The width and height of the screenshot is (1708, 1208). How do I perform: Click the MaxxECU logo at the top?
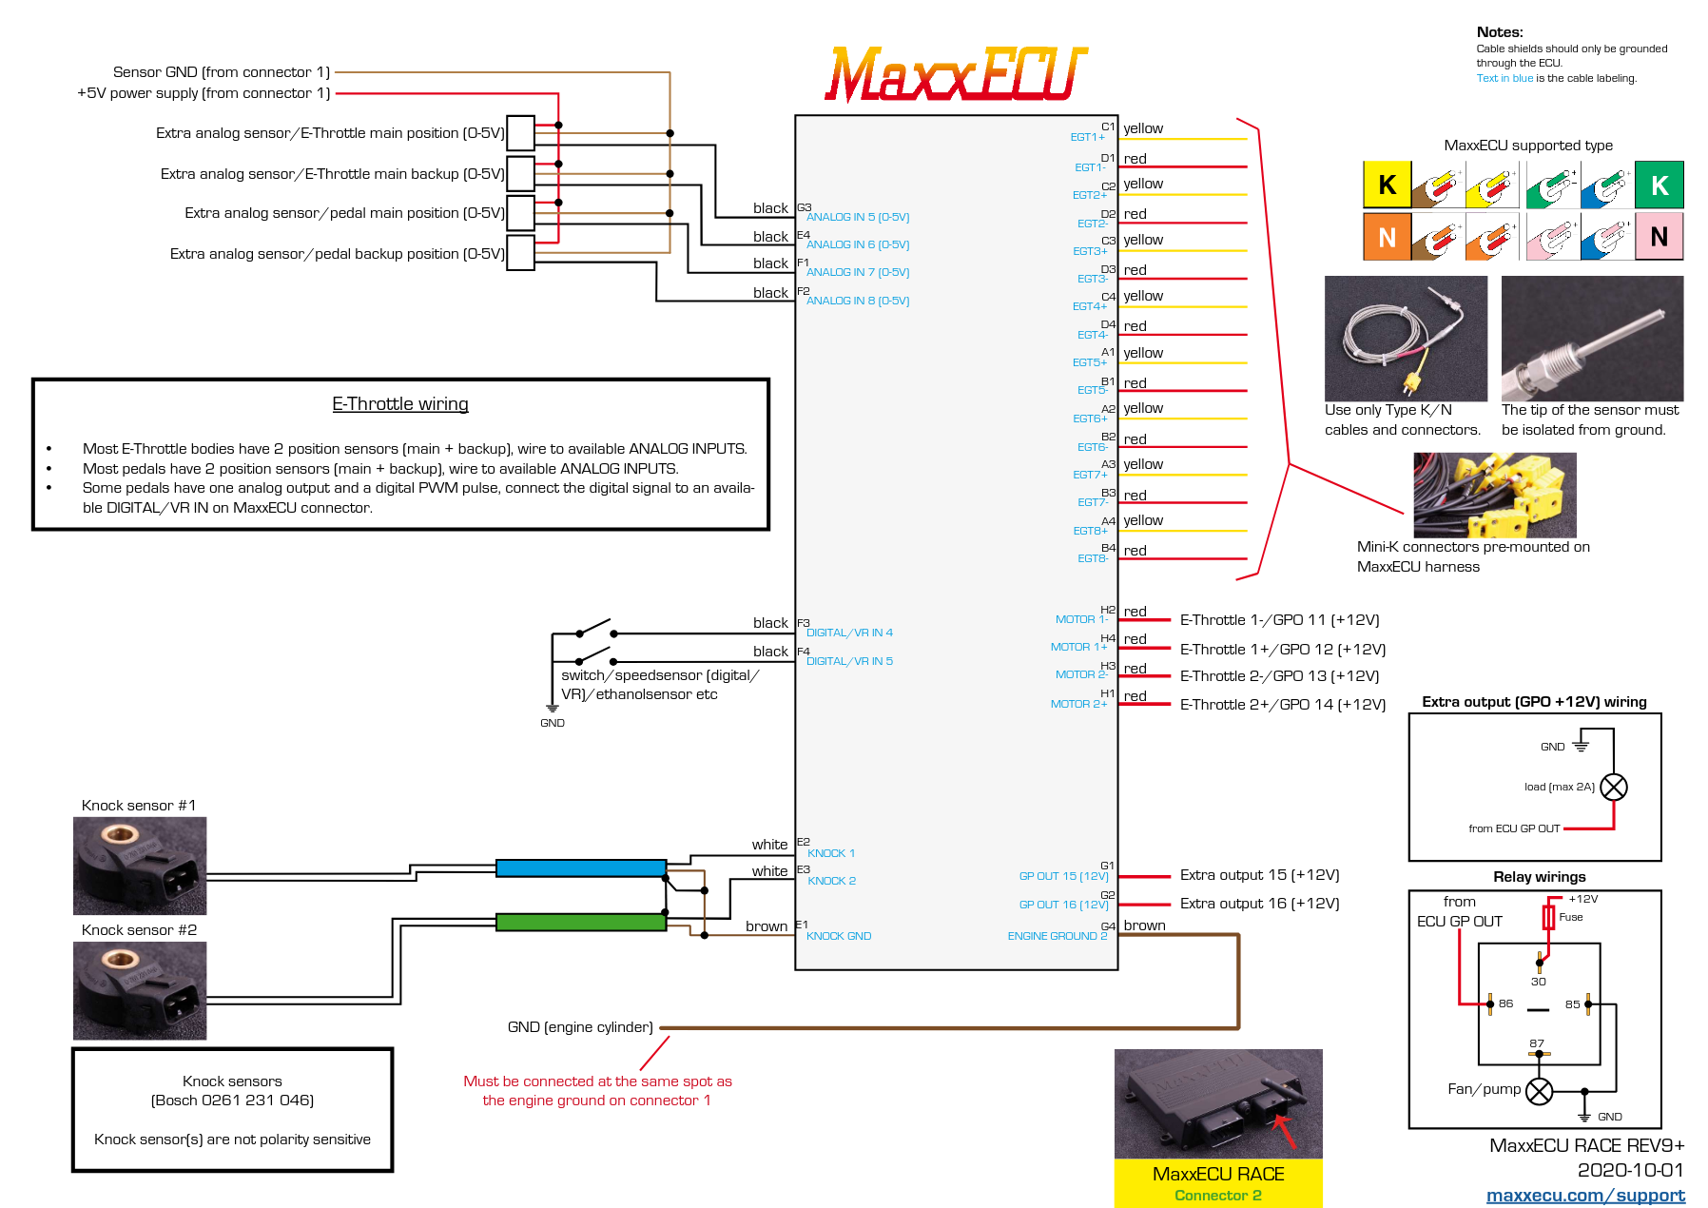pyautogui.click(x=955, y=74)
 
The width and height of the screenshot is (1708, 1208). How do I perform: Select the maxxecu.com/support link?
pyautogui.click(x=1584, y=1195)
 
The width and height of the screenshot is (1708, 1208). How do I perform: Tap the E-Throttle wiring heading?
pyautogui.click(x=400, y=404)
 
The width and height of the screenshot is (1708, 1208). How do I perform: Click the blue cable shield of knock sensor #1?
pyautogui.click(x=580, y=867)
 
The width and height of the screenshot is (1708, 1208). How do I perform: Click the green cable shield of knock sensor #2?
pyautogui.click(x=580, y=922)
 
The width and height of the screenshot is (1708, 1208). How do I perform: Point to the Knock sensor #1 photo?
pyautogui.click(x=140, y=866)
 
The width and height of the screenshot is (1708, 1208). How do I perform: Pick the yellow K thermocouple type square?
pyautogui.click(x=1387, y=185)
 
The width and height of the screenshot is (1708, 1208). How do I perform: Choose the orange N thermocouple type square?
pyautogui.click(x=1387, y=237)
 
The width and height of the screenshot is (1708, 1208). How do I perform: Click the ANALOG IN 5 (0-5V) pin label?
pyautogui.click(x=857, y=217)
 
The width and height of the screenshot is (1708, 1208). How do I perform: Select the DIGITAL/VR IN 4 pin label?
pyautogui.click(x=849, y=633)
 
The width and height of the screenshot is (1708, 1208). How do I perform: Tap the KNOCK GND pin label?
pyautogui.click(x=838, y=936)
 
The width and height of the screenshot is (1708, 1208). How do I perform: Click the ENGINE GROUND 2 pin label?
pyautogui.click(x=1057, y=936)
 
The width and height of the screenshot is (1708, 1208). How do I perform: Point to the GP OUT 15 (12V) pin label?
pyautogui.click(x=1063, y=876)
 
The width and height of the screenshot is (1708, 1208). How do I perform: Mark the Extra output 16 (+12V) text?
pyautogui.click(x=1259, y=904)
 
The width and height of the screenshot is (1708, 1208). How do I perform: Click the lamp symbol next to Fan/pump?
pyautogui.click(x=1539, y=1091)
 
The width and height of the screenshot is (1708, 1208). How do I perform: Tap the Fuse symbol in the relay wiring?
pyautogui.click(x=1548, y=918)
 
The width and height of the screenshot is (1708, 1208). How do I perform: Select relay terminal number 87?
pyautogui.click(x=1537, y=1043)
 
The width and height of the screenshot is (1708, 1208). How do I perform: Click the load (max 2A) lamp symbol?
pyautogui.click(x=1614, y=787)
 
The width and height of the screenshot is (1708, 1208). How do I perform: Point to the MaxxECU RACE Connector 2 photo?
pyautogui.click(x=1218, y=1103)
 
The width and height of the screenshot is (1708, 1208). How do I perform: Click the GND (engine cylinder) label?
pyautogui.click(x=580, y=1027)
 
